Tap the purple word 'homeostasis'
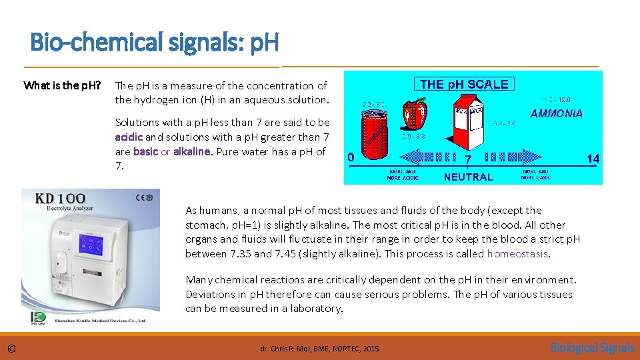pos(517,253)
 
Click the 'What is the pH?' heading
pos(62,85)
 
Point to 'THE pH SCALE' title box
pos(464,84)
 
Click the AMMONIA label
pos(556,113)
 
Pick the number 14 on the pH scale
pos(592,159)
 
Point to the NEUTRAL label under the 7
pos(468,177)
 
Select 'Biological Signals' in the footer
pos(592,347)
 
